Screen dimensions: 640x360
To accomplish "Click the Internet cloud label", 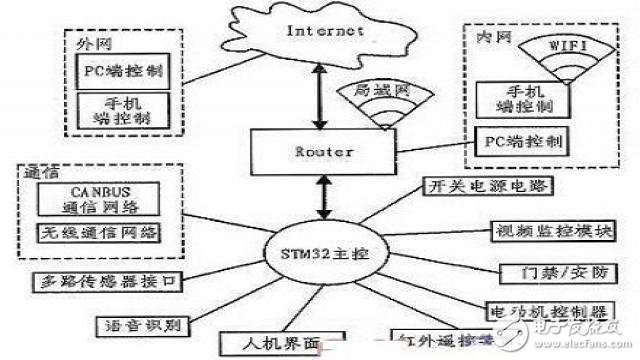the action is point(325,31).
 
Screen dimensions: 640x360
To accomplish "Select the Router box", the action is point(322,152).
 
